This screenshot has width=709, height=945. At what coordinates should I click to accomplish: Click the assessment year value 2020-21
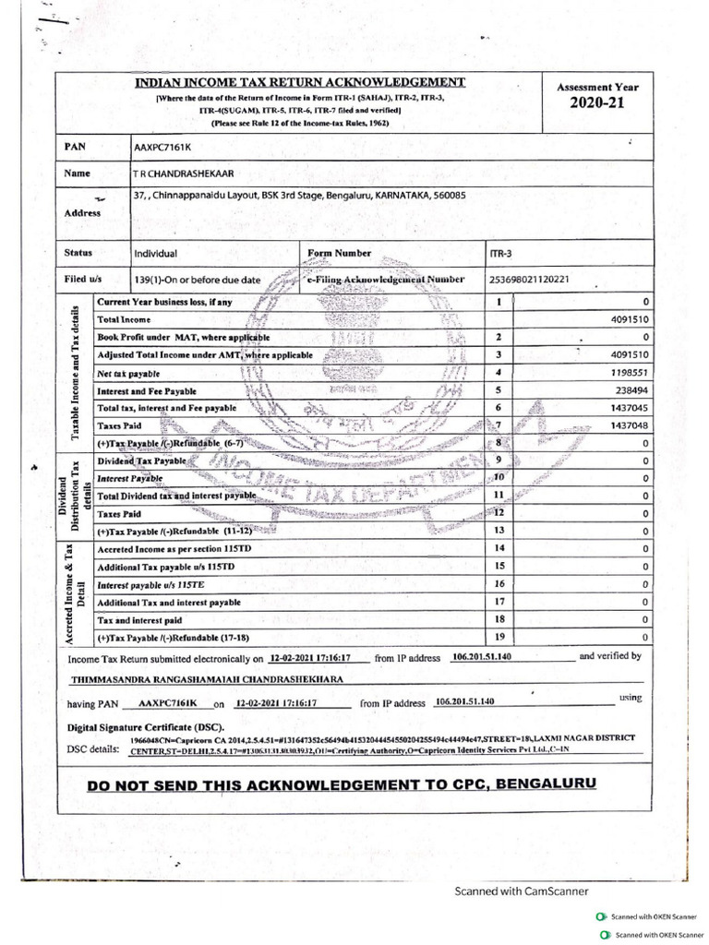(597, 102)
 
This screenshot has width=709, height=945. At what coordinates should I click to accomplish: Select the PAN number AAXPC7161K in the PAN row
(163, 146)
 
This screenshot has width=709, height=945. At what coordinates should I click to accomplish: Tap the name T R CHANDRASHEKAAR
(184, 173)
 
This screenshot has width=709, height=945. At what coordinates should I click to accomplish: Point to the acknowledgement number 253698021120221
(529, 279)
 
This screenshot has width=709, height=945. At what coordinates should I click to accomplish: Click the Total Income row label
(124, 318)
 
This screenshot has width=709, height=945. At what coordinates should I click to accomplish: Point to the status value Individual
(156, 253)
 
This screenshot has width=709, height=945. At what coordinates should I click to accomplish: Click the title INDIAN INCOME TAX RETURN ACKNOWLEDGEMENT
(300, 82)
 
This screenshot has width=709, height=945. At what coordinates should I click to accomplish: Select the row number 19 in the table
(499, 636)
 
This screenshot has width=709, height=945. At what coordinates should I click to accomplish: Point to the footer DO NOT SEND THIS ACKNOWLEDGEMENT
(341, 784)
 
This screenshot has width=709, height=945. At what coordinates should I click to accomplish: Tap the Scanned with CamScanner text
(520, 891)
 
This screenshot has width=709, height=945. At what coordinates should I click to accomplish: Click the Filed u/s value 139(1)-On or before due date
(198, 279)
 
